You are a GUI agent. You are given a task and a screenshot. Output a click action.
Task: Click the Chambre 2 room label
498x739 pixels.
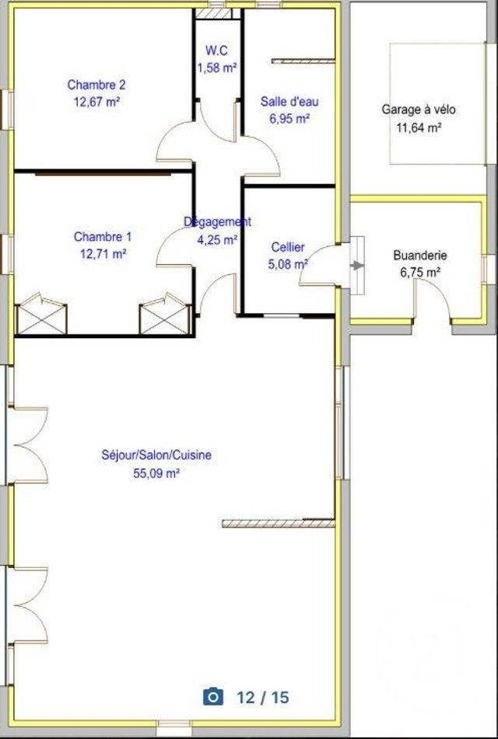[96, 85]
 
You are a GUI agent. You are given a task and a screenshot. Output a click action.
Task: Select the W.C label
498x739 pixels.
[216, 51]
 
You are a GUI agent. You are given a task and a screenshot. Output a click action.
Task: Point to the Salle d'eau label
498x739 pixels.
[289, 102]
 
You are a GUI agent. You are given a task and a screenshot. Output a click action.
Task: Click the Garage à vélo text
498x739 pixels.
[419, 110]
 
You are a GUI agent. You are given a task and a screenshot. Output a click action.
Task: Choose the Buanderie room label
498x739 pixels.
[420, 255]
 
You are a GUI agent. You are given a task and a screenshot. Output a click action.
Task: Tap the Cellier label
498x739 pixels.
[288, 247]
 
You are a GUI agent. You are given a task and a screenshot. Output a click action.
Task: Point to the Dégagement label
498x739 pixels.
[217, 222]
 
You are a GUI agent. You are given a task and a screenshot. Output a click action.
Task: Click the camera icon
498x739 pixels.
[212, 697]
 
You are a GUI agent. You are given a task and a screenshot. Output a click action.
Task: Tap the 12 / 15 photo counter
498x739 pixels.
[263, 697]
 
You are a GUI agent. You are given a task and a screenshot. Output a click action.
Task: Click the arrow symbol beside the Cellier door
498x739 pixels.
[357, 266]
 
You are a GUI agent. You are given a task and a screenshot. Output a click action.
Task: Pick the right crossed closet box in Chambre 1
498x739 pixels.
[165, 315]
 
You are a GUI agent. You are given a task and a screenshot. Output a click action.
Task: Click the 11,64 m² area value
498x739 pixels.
[419, 127]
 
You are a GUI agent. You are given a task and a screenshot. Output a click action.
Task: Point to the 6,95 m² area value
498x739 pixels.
[289, 119]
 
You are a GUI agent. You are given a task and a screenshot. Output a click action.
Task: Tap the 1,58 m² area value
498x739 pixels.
[216, 68]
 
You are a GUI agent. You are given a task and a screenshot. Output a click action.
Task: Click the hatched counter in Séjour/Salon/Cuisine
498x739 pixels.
[278, 523]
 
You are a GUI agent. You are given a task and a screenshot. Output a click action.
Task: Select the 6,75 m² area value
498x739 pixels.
[420, 272]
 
